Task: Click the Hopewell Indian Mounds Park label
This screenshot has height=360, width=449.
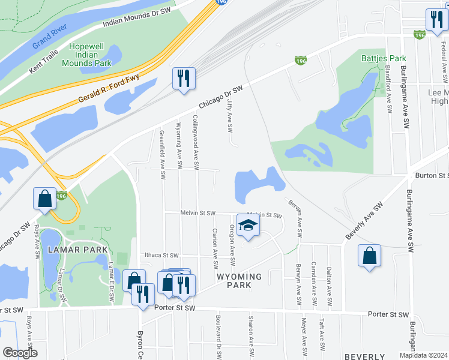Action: coord(91,55)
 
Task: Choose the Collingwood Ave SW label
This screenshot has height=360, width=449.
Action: coord(196,142)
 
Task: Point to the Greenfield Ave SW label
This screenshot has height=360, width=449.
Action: coord(162,154)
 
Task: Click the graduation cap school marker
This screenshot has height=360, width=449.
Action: coord(247,225)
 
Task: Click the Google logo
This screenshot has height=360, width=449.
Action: coord(20,353)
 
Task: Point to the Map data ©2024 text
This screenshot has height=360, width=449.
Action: coord(423,355)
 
